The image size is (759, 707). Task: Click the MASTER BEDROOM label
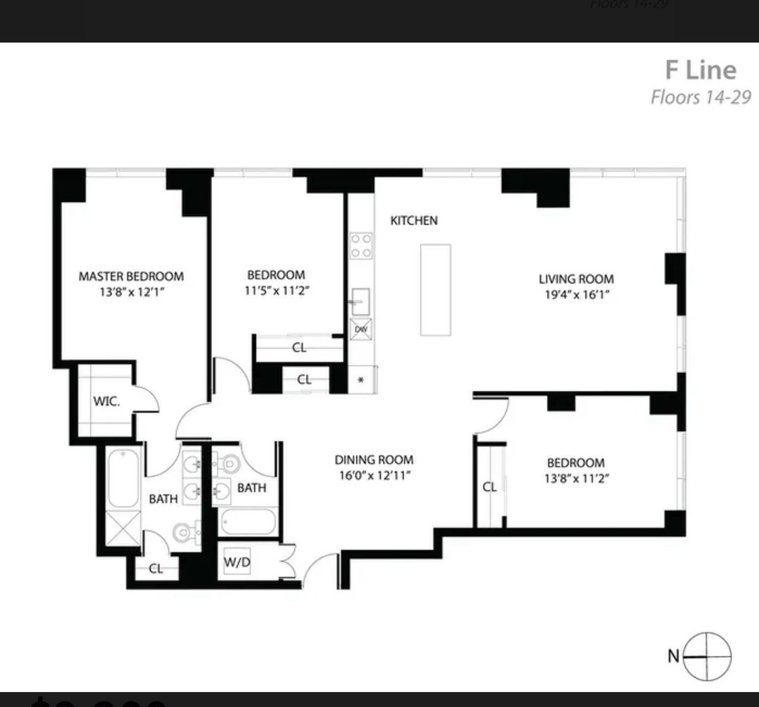pyautogui.click(x=131, y=276)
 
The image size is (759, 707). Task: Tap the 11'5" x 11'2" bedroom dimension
pyautogui.click(x=276, y=291)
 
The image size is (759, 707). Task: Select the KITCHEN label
pyautogui.click(x=414, y=221)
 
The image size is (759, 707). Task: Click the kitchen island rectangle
pyautogui.click(x=435, y=289)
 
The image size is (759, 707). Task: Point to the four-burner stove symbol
pyautogui.click(x=361, y=246)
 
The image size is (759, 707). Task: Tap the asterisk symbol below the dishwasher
pyautogui.click(x=361, y=380)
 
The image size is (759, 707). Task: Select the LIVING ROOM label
pyautogui.click(x=576, y=279)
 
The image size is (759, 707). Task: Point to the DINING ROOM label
pyautogui.click(x=374, y=460)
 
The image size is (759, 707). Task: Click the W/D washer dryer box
pyautogui.click(x=237, y=562)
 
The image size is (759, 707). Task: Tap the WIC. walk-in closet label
pyautogui.click(x=106, y=401)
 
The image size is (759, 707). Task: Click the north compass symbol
pyautogui.click(x=707, y=657)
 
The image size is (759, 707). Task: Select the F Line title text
pyautogui.click(x=700, y=70)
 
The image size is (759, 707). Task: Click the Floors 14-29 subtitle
pyautogui.click(x=701, y=97)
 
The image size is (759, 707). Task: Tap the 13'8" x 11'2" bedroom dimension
pyautogui.click(x=576, y=479)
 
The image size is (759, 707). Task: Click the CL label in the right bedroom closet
pyautogui.click(x=489, y=487)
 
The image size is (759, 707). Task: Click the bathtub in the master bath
pyautogui.click(x=123, y=478)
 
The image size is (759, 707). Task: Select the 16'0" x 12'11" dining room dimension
pyautogui.click(x=374, y=476)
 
